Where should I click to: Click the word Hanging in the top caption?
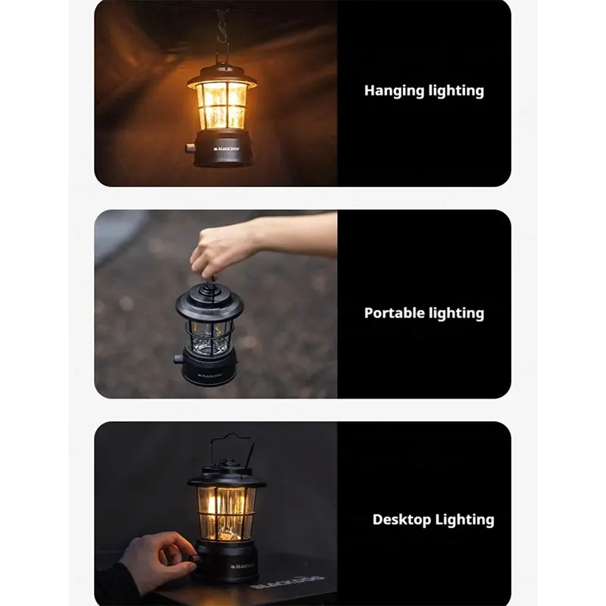(394, 91)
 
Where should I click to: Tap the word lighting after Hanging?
(457, 91)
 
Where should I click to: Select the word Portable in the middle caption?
(394, 313)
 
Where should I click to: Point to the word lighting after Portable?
(457, 314)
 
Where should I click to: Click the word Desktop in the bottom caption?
(402, 520)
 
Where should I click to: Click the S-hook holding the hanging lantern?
(222, 29)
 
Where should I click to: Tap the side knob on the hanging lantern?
(190, 148)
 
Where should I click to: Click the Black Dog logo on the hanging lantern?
(226, 148)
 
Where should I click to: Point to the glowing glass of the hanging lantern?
(221, 105)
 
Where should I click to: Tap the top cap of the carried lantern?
(210, 301)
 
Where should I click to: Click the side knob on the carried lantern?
(178, 359)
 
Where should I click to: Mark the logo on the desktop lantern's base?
(242, 566)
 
